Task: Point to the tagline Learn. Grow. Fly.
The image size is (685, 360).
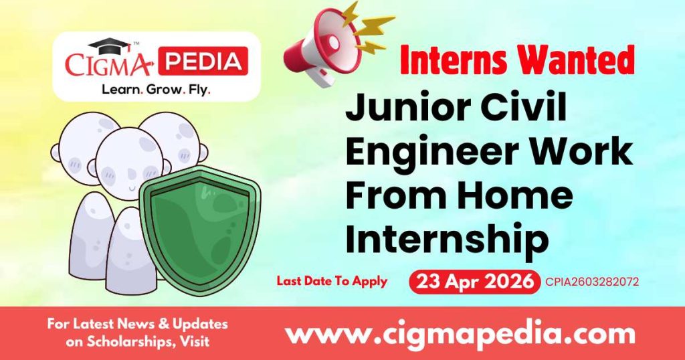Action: (x=155, y=88)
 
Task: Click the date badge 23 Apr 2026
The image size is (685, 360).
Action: (x=474, y=282)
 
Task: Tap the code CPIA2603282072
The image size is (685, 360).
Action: (x=592, y=282)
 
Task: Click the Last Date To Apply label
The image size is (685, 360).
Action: (x=332, y=281)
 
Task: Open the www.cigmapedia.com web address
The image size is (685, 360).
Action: (x=460, y=333)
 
